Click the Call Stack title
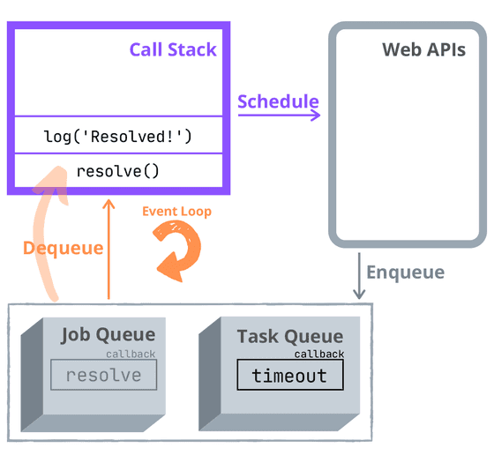173,49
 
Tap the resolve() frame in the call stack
118,170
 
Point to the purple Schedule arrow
279,115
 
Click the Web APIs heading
423,49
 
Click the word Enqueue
405,272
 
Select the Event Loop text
177,212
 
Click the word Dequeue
64,248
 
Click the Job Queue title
108,335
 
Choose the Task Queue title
289,336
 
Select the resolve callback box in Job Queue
103,375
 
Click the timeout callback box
289,376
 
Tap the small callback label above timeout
318,354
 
